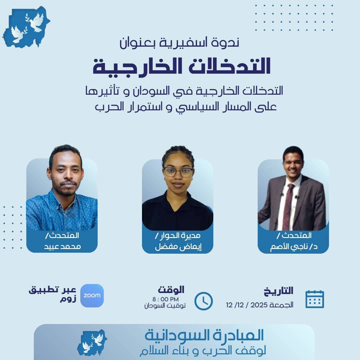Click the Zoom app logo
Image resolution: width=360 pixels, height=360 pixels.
92,295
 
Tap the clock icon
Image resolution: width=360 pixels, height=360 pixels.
203,301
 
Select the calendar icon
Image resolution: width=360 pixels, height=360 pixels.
315,299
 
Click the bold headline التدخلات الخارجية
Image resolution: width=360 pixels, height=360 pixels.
182,66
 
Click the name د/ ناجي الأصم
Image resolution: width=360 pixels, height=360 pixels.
294,247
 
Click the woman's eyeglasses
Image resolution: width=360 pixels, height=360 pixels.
178,172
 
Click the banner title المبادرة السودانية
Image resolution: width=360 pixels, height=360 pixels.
204,335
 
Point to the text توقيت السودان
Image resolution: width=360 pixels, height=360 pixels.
165,306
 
